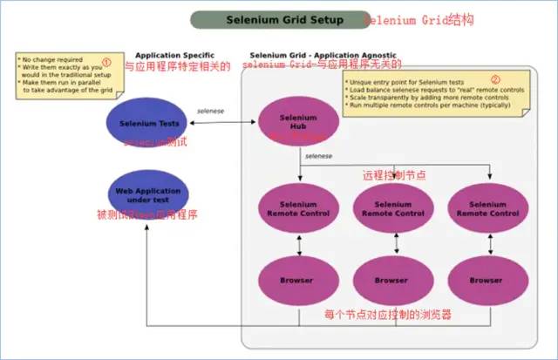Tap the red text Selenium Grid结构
pyautogui.click(x=418, y=19)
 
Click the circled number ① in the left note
pyautogui.click(x=106, y=62)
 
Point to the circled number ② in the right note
pyautogui.click(x=496, y=78)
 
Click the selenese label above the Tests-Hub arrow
pyautogui.click(x=212, y=111)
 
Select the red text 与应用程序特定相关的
pyautogui.click(x=179, y=66)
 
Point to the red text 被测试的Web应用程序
pyautogui.click(x=146, y=214)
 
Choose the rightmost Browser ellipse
pyautogui.click(x=487, y=281)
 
